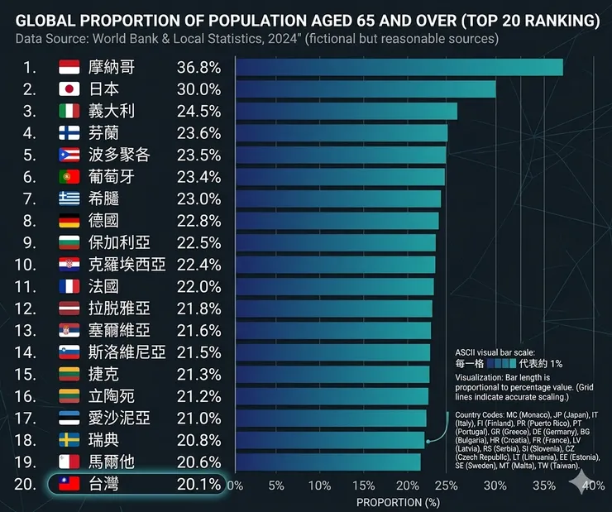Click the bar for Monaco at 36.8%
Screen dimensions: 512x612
point(399,68)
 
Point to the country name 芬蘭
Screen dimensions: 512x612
point(106,133)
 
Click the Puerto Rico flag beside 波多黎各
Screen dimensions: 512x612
point(69,155)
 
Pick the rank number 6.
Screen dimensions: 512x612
point(30,176)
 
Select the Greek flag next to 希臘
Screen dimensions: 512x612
point(69,199)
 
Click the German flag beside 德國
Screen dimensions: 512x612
point(69,220)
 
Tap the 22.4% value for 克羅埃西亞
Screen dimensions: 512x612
point(198,265)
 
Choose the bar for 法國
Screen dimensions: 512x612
point(334,286)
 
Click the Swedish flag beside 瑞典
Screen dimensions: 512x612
point(69,439)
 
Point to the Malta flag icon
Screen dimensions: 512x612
point(69,461)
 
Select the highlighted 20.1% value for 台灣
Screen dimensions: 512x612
point(198,484)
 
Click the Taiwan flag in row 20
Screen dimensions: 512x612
point(69,484)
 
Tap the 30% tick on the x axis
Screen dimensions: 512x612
point(495,485)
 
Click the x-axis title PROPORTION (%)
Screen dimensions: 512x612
point(398,502)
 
